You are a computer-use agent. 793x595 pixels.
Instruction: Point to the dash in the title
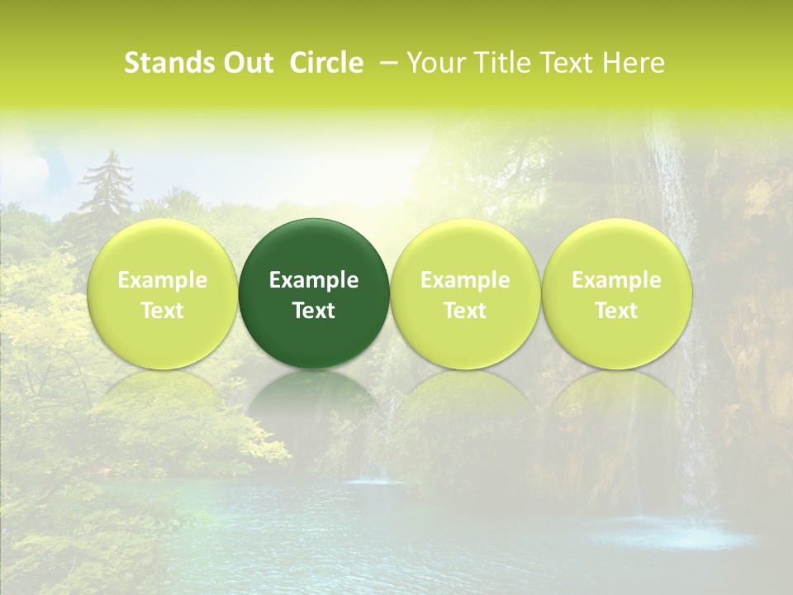pos(386,63)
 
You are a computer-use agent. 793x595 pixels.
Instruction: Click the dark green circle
pos(314,293)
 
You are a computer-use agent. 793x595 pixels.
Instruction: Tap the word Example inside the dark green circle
pos(314,280)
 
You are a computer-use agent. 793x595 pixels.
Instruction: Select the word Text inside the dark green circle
pos(314,311)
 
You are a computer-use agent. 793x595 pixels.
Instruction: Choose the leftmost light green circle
pos(163,293)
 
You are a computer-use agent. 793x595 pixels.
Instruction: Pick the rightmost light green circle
pos(617,293)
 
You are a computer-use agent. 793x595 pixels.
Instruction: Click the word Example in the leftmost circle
pos(163,280)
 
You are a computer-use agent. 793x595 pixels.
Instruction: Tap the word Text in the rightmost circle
pos(617,311)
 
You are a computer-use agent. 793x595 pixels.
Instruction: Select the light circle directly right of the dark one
pos(465,293)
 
